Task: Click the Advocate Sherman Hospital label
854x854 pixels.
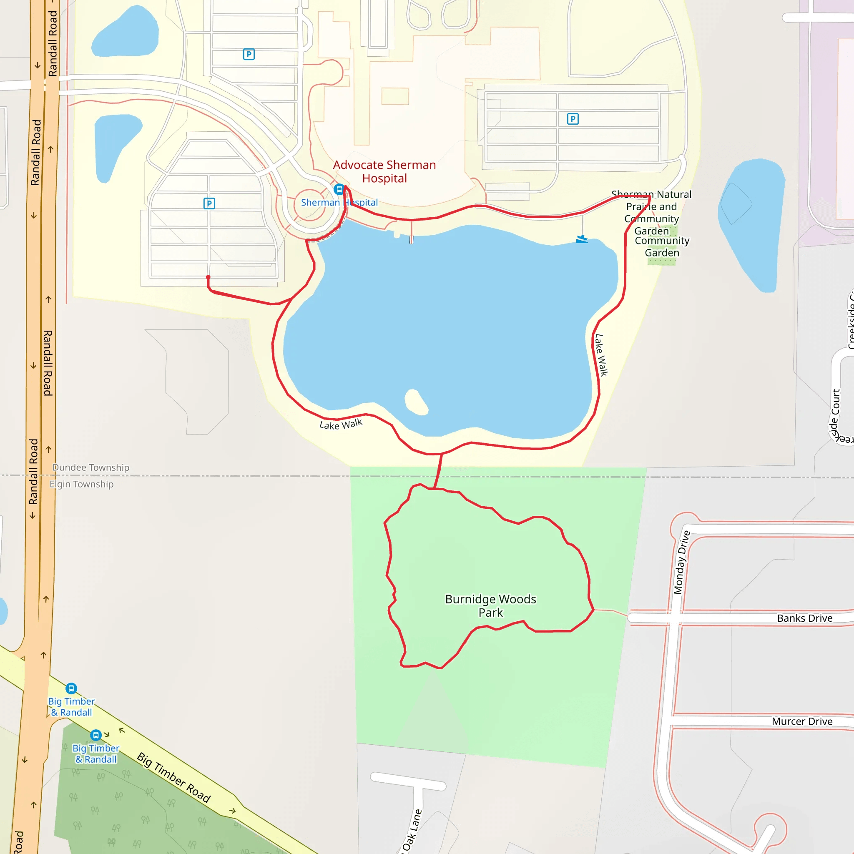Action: coord(384,171)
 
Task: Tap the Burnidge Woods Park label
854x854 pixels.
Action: coord(490,605)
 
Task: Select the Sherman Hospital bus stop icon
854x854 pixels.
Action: coord(339,189)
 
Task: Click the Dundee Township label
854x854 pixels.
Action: coord(91,467)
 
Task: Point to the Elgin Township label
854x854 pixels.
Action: coord(81,484)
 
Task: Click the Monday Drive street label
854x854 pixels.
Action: coord(681,562)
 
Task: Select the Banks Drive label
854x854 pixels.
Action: coord(804,618)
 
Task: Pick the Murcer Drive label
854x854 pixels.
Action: coord(802,721)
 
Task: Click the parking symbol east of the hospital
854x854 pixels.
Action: coord(573,119)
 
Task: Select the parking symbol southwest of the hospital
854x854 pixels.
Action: coord(209,203)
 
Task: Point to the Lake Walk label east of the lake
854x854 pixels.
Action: coord(601,355)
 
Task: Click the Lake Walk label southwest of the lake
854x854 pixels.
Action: coord(341,424)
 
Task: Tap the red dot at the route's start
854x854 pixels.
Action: coord(208,277)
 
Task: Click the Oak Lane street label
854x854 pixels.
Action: coord(412,831)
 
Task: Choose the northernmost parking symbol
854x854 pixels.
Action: coord(249,54)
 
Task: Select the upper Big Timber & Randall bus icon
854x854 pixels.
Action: coord(71,688)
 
